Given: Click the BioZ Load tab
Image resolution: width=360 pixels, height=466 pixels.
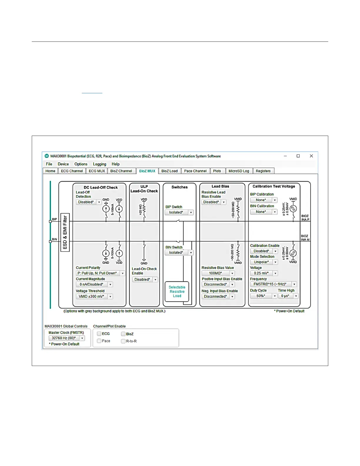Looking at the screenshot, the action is click(x=169, y=171).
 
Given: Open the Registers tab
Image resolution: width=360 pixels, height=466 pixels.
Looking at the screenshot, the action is click(x=263, y=171).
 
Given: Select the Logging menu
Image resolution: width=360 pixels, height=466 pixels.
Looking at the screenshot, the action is click(x=99, y=164).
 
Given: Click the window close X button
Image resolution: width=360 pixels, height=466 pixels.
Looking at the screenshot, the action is click(x=311, y=156).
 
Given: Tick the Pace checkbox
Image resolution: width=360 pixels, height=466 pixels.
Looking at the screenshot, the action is click(x=99, y=341).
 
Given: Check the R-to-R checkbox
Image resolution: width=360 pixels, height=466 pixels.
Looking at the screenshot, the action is click(x=123, y=341).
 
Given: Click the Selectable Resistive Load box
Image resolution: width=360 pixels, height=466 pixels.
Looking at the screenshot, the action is click(x=177, y=292).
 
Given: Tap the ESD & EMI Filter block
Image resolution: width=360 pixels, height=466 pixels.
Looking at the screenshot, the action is click(x=65, y=232).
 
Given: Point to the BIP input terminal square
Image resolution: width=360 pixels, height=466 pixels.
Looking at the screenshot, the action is click(x=50, y=221).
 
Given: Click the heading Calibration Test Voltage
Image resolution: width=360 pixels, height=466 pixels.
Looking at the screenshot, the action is click(x=274, y=186).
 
